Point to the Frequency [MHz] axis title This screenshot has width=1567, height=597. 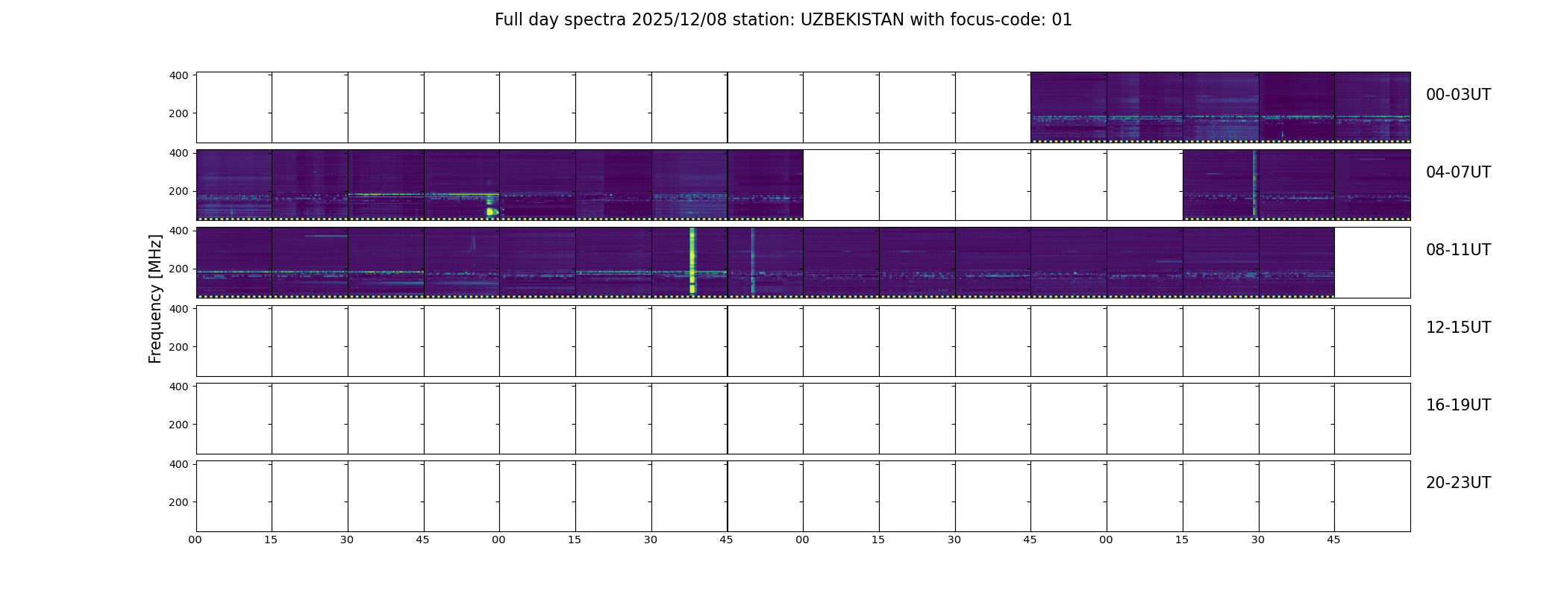point(155,298)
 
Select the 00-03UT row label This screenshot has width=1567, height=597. point(1458,95)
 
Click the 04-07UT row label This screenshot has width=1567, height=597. point(1458,172)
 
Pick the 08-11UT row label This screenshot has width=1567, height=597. point(1458,250)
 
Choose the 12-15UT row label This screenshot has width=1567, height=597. point(1458,328)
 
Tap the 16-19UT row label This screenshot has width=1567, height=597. point(1458,405)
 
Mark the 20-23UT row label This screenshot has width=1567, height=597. point(1458,483)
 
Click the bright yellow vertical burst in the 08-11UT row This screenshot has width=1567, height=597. point(692,260)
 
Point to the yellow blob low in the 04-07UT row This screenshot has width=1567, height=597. point(491,212)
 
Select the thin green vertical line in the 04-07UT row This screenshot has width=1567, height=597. point(1254,184)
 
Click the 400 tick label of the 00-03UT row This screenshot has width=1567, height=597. point(179,75)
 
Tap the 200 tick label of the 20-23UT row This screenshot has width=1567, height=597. point(179,502)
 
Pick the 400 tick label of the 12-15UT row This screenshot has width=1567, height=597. point(179,308)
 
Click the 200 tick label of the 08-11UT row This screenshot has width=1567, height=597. point(179,269)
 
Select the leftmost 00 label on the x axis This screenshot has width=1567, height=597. point(196,540)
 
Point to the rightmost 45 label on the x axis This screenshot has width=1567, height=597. point(1333,540)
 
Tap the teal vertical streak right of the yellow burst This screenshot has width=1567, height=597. point(753,260)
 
